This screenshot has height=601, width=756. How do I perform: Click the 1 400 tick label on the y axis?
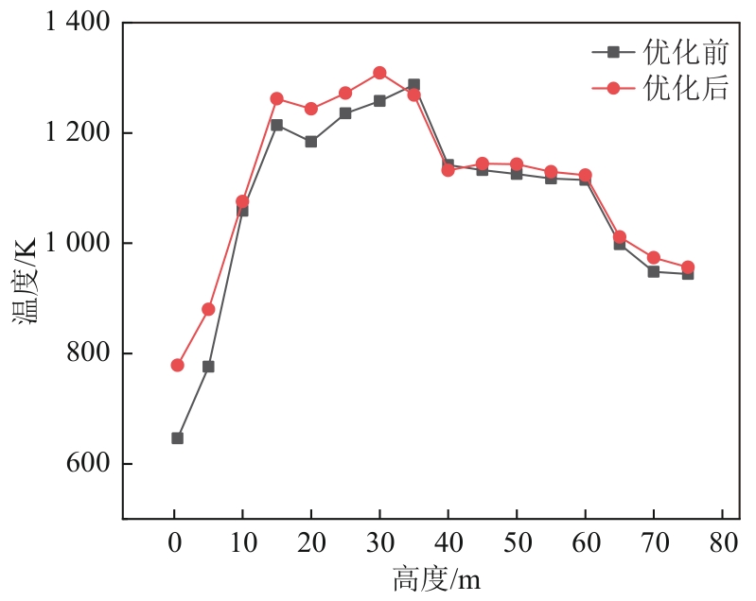pos(78,23)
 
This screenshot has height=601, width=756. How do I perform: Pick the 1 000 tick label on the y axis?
pos(78,244)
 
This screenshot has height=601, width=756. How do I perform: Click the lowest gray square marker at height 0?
pos(177,438)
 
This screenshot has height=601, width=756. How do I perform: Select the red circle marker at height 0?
pos(177,365)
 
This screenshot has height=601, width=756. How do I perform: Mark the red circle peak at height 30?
pos(379,73)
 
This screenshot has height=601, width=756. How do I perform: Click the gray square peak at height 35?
pos(413,85)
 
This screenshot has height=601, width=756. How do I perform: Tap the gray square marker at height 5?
pos(208,367)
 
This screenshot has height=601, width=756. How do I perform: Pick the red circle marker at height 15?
pos(276,98)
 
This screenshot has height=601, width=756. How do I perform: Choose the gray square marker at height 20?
pos(310,142)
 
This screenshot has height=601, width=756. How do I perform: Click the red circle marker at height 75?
pos(688,267)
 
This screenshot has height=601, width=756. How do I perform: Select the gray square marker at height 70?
pos(653,271)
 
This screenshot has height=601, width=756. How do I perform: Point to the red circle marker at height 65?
pos(620,237)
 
